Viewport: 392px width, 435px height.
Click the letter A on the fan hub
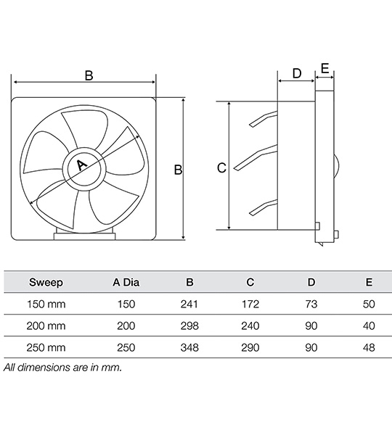[x=81, y=166]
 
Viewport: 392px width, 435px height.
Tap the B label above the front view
[x=89, y=75]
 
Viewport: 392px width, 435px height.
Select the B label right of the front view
[x=177, y=170]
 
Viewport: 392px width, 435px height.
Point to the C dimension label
[x=222, y=168]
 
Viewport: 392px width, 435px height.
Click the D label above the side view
[x=296, y=73]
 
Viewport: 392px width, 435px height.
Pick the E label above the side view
[x=324, y=69]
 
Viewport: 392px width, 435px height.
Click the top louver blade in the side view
[x=263, y=119]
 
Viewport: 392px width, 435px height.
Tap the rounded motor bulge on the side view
[x=335, y=166]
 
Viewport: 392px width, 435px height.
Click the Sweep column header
[x=46, y=282]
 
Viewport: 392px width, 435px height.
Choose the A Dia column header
[x=126, y=282]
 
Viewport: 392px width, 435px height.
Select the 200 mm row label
[x=46, y=326]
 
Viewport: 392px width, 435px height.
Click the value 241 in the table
[x=189, y=304]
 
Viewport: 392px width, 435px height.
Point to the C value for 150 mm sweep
[x=250, y=304]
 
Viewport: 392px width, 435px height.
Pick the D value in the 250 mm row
[x=311, y=348]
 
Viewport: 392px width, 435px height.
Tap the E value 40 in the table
[x=369, y=326]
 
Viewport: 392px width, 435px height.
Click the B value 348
[x=189, y=348]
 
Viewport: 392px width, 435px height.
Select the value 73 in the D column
[x=311, y=304]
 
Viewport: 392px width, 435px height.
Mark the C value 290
[x=250, y=348]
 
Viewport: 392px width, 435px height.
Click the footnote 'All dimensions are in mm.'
[x=62, y=368]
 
